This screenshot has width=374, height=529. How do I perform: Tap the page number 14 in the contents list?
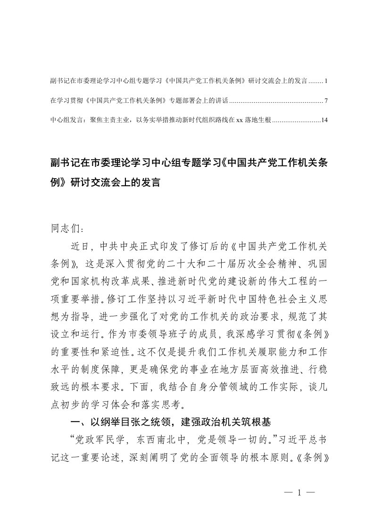[x=324, y=120]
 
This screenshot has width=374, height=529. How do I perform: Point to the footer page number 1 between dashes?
[x=299, y=493]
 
